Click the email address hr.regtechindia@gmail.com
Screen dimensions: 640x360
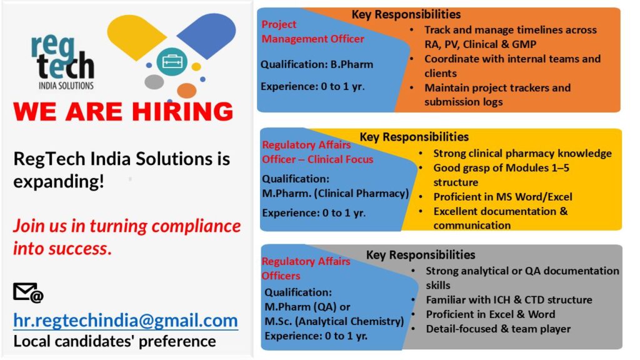tap(126, 321)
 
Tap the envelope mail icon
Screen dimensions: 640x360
tap(28, 292)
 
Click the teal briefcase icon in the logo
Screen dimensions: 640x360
tap(172, 62)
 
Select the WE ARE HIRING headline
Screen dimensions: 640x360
tap(123, 111)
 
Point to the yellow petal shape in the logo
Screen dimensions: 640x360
tap(136, 36)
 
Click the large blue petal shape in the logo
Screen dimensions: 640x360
tap(207, 35)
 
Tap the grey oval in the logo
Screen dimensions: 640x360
tap(154, 82)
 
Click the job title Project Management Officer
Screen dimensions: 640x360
tap(312, 31)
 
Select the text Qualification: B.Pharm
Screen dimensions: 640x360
tap(317, 64)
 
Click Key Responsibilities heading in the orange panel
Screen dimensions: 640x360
tap(406, 15)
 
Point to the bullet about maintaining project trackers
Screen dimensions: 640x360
tap(497, 95)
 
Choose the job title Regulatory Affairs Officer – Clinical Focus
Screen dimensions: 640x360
tap(317, 152)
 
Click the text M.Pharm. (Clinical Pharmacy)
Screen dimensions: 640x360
tap(335, 194)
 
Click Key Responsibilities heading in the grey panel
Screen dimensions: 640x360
tap(421, 255)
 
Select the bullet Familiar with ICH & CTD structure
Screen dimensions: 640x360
tap(509, 300)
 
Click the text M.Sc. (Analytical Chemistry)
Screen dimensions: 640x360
tap(334, 321)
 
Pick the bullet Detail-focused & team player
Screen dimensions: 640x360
tap(498, 329)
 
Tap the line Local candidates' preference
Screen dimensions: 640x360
tap(115, 341)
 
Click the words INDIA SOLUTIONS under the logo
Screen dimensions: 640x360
tap(66, 86)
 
